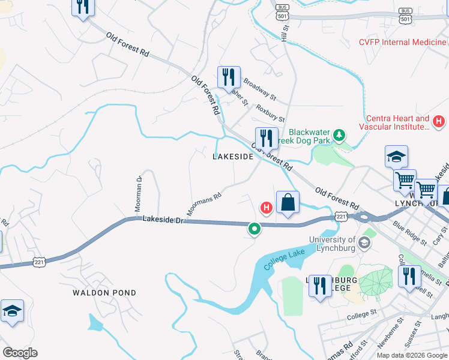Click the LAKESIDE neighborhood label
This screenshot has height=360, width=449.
coord(232,157)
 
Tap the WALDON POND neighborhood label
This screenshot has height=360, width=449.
coord(104,293)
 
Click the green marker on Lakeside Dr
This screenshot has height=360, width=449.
coord(255,229)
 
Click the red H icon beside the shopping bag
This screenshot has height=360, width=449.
coord(266,208)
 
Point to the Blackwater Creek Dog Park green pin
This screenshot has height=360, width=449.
coord(339,135)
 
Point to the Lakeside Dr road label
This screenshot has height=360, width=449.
coord(162,220)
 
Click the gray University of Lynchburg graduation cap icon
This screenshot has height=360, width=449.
coord(364,244)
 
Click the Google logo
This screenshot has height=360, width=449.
coord(20,353)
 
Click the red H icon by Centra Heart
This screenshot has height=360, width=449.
coord(438,122)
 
